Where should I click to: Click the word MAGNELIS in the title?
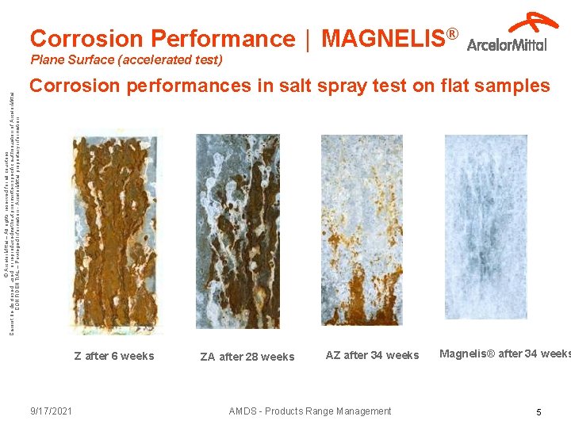click(x=384, y=38)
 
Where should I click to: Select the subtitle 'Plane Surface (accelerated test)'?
click(x=126, y=59)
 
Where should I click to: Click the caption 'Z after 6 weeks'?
click(x=114, y=356)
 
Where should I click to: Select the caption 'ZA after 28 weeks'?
click(x=247, y=357)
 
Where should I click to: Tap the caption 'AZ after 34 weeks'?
click(x=372, y=355)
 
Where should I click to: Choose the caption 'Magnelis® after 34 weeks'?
click(x=505, y=353)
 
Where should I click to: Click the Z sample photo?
click(x=116, y=230)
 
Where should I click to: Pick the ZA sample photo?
click(x=237, y=230)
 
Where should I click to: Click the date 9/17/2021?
click(x=51, y=411)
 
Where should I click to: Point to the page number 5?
click(x=538, y=411)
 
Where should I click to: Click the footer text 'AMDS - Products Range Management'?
click(x=309, y=411)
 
